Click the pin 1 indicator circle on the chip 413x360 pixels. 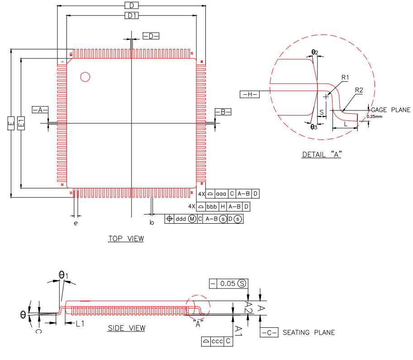pyautogui.click(x=85, y=77)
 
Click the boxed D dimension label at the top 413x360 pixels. pyautogui.click(x=131, y=5)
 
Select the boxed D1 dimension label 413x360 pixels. pyautogui.click(x=132, y=16)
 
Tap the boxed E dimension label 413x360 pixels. pyautogui.click(x=11, y=123)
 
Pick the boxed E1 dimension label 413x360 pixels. pyautogui.click(x=21, y=123)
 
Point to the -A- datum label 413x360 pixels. pyautogui.click(x=40, y=110)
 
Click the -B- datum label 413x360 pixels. pyautogui.click(x=223, y=111)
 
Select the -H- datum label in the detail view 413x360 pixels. pyautogui.click(x=249, y=94)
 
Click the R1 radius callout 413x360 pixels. pyautogui.click(x=345, y=78)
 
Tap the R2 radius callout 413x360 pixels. pyautogui.click(x=359, y=90)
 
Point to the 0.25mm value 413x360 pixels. pyautogui.click(x=375, y=116)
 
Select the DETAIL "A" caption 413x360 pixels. pyautogui.click(x=322, y=155)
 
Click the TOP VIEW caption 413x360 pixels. pyautogui.click(x=126, y=238)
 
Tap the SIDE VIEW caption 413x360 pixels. pyautogui.click(x=127, y=328)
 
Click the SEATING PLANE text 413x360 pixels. pyautogui.click(x=309, y=332)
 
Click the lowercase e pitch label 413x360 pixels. pyautogui.click(x=76, y=223)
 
